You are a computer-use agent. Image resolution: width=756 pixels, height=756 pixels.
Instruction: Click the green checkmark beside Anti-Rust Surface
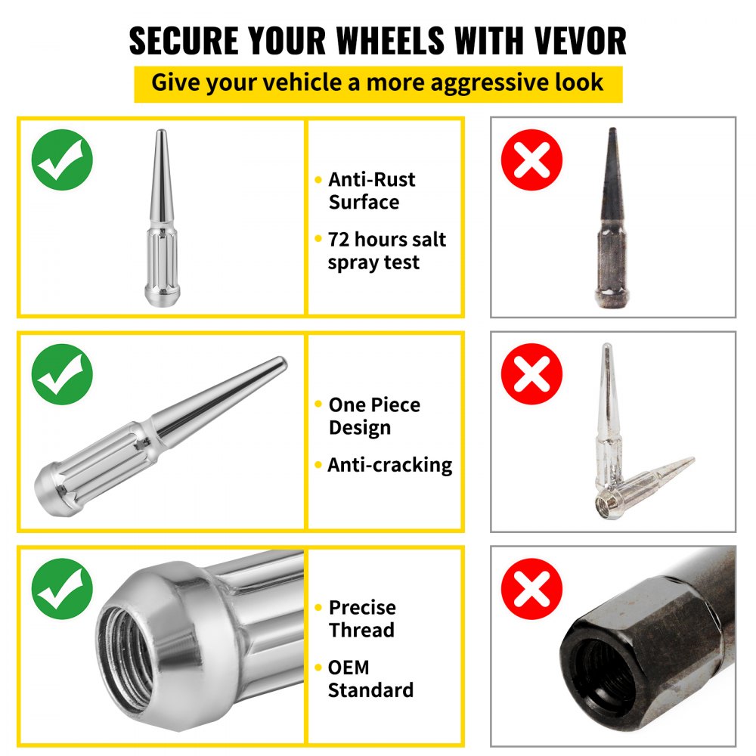coord(62,160)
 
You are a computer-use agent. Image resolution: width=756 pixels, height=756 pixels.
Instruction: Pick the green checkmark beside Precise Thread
coord(62,589)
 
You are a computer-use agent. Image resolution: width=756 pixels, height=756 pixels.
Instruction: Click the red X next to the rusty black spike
coord(532,160)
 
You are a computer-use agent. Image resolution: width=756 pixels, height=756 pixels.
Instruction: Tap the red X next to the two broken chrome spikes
coord(532,373)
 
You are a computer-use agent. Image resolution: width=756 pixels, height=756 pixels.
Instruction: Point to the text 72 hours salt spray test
coord(386,251)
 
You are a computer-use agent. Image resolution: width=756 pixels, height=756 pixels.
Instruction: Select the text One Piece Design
coord(373,416)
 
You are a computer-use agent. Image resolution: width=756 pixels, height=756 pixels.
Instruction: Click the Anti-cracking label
coord(389,465)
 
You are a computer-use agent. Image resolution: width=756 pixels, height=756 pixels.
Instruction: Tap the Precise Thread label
coord(362,618)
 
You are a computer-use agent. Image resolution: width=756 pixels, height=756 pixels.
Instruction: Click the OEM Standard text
coord(370,678)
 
